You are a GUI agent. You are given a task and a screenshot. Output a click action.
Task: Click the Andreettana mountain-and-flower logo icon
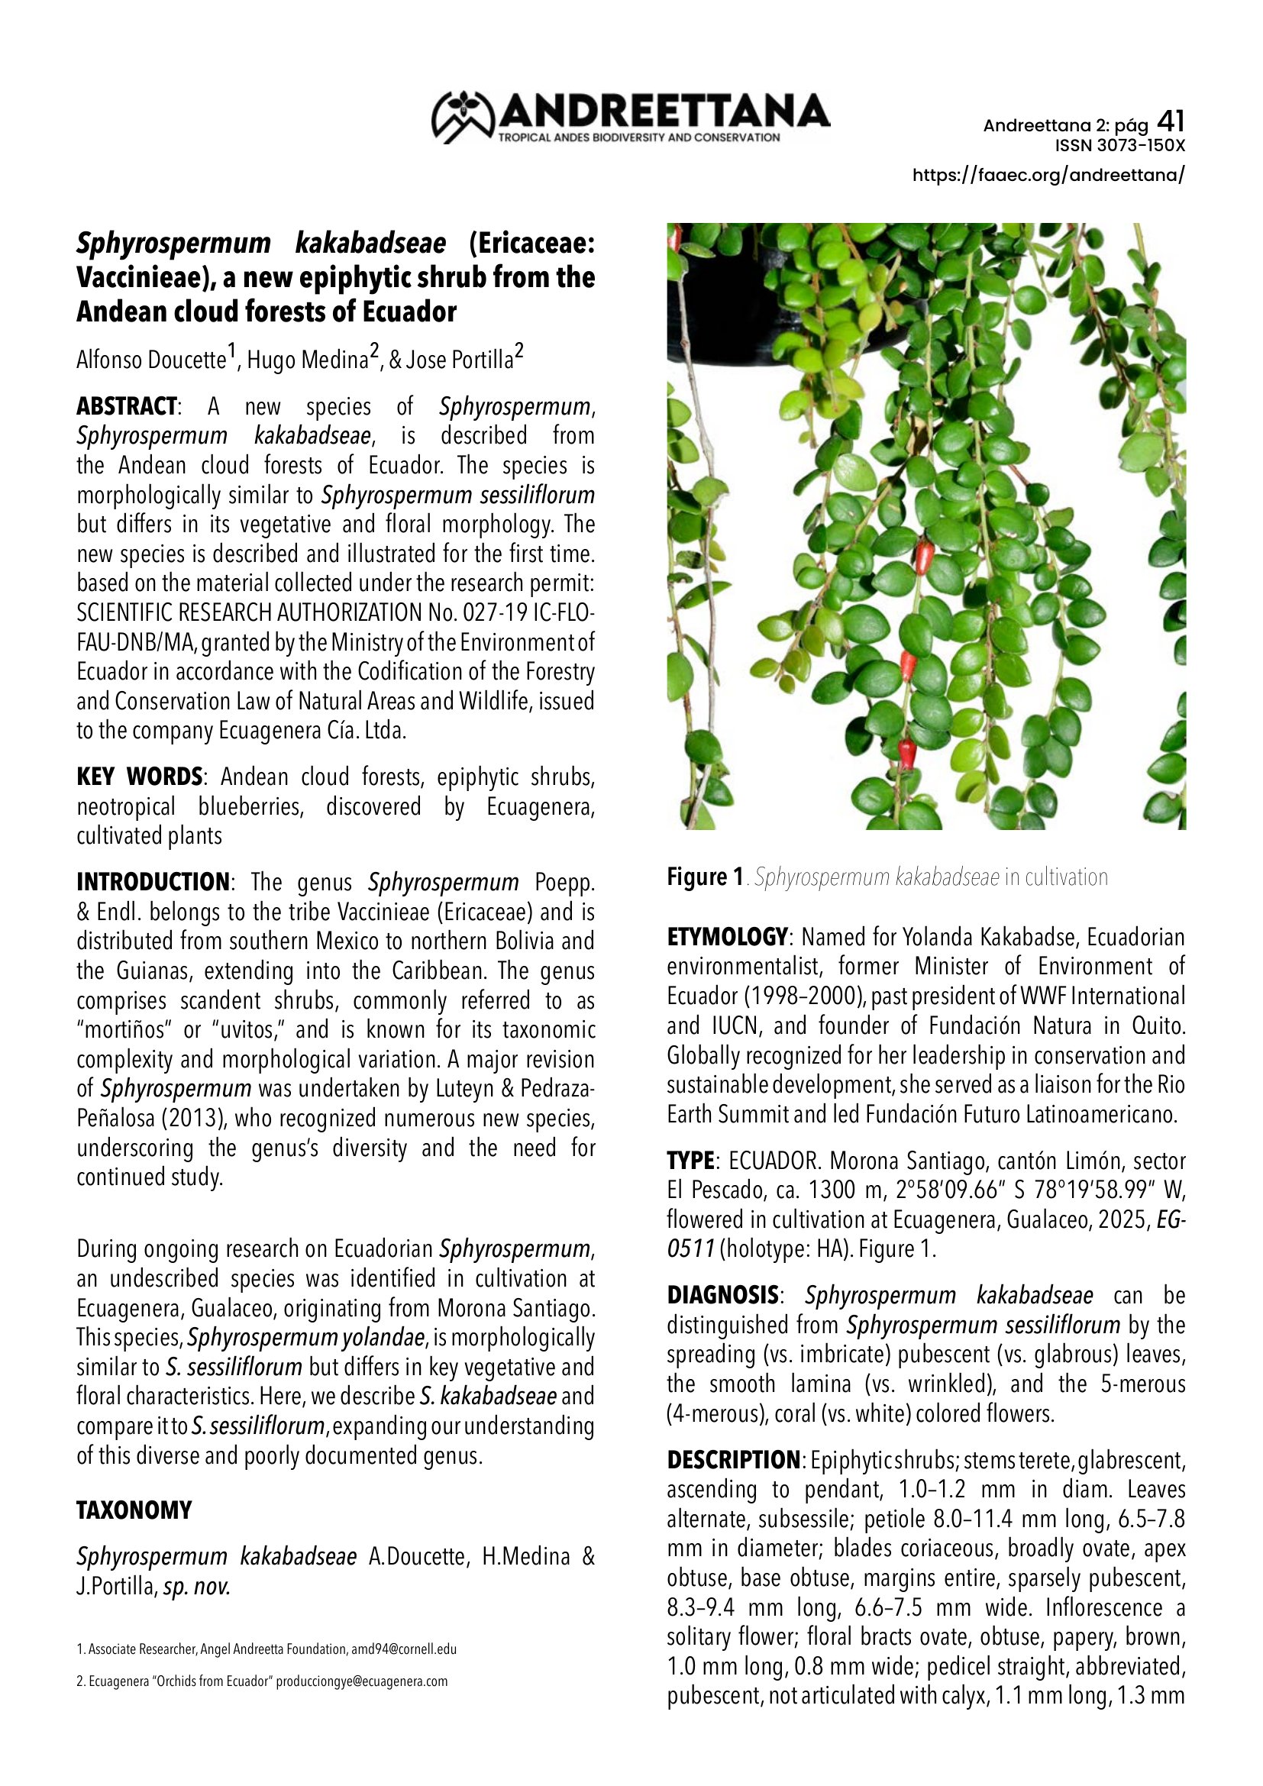click(464, 117)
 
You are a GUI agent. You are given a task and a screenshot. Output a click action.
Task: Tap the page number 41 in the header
click(1171, 121)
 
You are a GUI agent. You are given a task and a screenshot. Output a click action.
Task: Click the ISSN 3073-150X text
click(1119, 146)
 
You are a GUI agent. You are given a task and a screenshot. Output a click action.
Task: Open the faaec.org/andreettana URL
click(1048, 174)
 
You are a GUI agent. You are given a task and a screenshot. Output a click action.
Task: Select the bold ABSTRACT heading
click(127, 406)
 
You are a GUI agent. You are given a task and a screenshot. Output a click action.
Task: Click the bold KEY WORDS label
click(139, 777)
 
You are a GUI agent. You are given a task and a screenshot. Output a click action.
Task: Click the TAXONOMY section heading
click(134, 1510)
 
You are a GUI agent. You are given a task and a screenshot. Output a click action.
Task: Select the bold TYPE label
click(690, 1161)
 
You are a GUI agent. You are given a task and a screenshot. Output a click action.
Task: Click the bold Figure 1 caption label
click(706, 877)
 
